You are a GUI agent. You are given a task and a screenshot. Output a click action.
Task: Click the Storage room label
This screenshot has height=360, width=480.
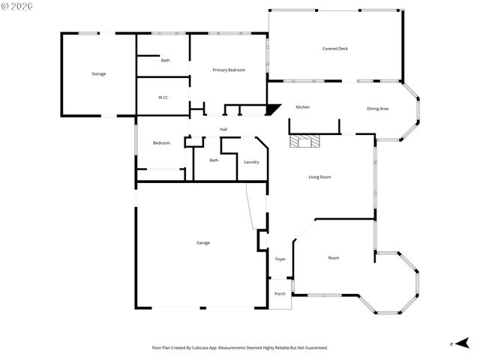point(98,73)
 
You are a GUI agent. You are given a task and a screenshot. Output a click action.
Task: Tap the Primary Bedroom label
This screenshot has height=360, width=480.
point(229,70)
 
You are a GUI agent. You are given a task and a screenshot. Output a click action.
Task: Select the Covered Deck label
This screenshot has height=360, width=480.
point(334,49)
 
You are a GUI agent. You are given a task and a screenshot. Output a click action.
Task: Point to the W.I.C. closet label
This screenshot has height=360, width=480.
point(163,97)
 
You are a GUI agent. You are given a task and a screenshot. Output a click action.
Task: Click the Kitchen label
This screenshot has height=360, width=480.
point(302,107)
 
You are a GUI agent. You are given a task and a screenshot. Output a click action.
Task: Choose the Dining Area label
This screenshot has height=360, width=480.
point(377,109)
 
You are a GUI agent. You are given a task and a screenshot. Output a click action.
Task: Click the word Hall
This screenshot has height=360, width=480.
point(223,129)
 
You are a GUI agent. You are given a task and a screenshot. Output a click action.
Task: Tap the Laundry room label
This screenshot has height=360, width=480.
point(251,162)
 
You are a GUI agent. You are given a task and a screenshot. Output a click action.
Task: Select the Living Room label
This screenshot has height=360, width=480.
point(319,177)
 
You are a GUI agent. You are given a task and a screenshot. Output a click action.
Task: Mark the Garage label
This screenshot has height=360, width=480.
point(202,242)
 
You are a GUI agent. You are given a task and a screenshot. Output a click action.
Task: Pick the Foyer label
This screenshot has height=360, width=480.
point(280,259)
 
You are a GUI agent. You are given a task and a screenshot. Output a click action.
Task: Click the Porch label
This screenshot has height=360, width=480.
point(280,293)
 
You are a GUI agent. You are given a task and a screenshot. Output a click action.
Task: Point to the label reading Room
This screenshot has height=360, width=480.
point(334,258)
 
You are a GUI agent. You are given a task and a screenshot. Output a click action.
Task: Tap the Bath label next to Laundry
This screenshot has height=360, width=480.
point(214,160)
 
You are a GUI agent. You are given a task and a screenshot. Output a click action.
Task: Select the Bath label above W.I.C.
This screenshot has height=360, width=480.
point(165,60)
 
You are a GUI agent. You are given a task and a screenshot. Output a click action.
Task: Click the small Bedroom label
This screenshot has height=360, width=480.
point(161,143)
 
